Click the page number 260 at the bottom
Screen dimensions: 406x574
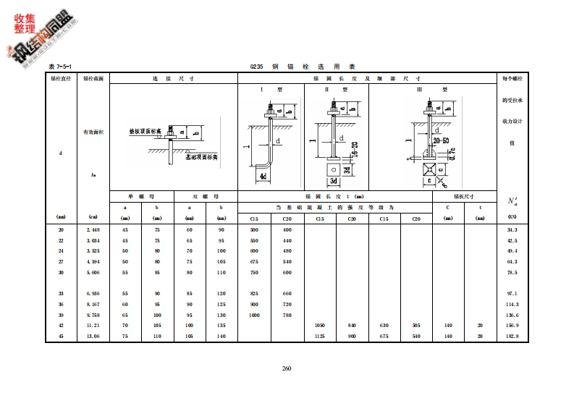click(286, 369)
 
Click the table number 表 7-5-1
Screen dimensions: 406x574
click(59, 67)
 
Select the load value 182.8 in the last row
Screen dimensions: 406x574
click(512, 337)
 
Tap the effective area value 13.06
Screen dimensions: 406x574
click(93, 337)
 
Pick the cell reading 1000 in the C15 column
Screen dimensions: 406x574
click(254, 316)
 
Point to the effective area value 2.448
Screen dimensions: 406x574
click(93, 229)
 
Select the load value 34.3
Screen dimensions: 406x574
click(512, 229)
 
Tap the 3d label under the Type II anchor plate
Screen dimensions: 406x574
click(335, 180)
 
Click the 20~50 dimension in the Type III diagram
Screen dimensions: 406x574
click(442, 138)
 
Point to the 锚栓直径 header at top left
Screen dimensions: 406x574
click(61, 77)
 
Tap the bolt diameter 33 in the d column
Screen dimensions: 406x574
click(61, 294)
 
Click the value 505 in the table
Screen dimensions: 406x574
click(415, 326)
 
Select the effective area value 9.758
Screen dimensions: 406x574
click(93, 316)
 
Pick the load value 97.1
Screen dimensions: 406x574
click(512, 294)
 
